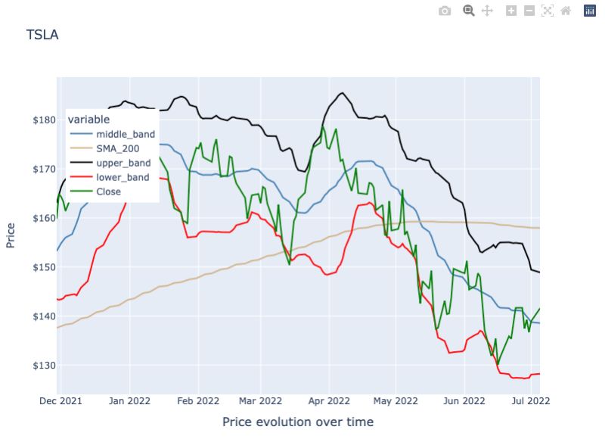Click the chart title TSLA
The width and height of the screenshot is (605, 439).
[x=42, y=35]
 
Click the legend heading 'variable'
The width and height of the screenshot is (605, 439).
[x=88, y=119]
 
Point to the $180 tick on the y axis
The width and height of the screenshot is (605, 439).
[x=38, y=120]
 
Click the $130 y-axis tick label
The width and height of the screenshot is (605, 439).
[x=38, y=366]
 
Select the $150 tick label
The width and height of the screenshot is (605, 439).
[x=38, y=267]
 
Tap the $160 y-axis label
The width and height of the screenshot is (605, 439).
[x=38, y=218]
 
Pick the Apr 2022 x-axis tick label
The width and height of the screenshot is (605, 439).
[x=330, y=400]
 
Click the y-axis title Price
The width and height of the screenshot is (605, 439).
[x=11, y=235]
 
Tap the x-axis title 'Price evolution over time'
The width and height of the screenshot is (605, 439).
[x=297, y=422]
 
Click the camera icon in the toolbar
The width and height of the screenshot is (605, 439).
[x=445, y=11]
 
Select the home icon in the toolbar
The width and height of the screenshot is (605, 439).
[x=566, y=11]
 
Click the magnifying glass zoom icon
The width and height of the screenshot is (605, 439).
[x=469, y=11]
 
